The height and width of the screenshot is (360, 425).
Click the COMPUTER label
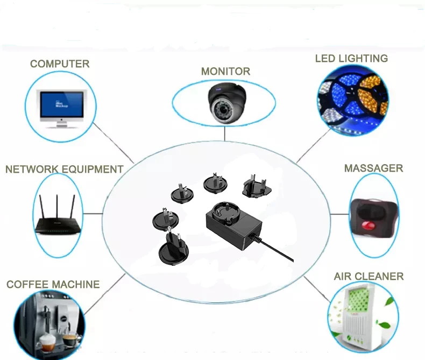click(59, 64)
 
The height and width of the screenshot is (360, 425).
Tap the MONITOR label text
click(225, 72)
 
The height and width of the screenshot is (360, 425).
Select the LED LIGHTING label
click(351, 58)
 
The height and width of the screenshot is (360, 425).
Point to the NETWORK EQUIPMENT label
click(64, 170)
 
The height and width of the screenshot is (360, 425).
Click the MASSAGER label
click(373, 168)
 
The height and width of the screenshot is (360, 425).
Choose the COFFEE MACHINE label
click(53, 284)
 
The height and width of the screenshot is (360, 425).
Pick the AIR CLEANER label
click(369, 277)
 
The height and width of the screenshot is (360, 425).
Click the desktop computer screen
click(62, 103)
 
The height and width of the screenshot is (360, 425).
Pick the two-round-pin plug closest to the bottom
click(172, 251)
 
